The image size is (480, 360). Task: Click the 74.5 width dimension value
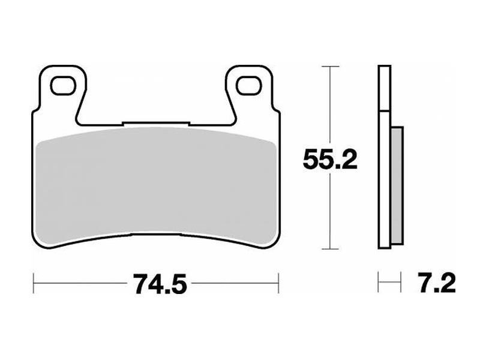tap(160, 284)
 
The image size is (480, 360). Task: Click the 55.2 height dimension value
tap(329, 160)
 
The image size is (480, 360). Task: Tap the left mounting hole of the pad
tap(63, 85)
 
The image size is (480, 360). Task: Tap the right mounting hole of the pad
tap(249, 85)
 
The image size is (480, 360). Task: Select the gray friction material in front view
tap(156, 184)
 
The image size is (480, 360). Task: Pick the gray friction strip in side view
tap(397, 185)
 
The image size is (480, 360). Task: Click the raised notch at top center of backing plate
tap(156, 123)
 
